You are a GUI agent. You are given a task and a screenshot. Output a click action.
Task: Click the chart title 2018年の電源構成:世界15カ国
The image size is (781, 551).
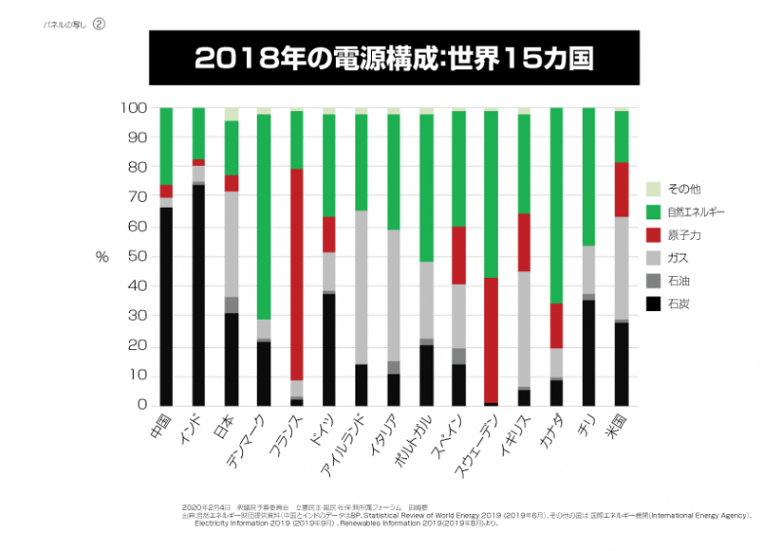pyautogui.click(x=393, y=57)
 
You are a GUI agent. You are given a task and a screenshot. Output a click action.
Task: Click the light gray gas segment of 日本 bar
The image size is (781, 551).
pyautogui.click(x=231, y=244)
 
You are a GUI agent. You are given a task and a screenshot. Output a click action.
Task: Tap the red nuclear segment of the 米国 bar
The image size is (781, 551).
pyautogui.click(x=621, y=189)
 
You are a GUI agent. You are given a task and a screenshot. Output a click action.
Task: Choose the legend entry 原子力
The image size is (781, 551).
pyautogui.click(x=687, y=234)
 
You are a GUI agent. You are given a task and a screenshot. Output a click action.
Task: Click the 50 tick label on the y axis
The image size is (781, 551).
pyautogui.click(x=138, y=256)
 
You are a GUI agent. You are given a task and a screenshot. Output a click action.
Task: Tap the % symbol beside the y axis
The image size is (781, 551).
pyautogui.click(x=102, y=257)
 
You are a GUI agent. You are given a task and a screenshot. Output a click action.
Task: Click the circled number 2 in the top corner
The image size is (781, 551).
pyautogui.click(x=99, y=25)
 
